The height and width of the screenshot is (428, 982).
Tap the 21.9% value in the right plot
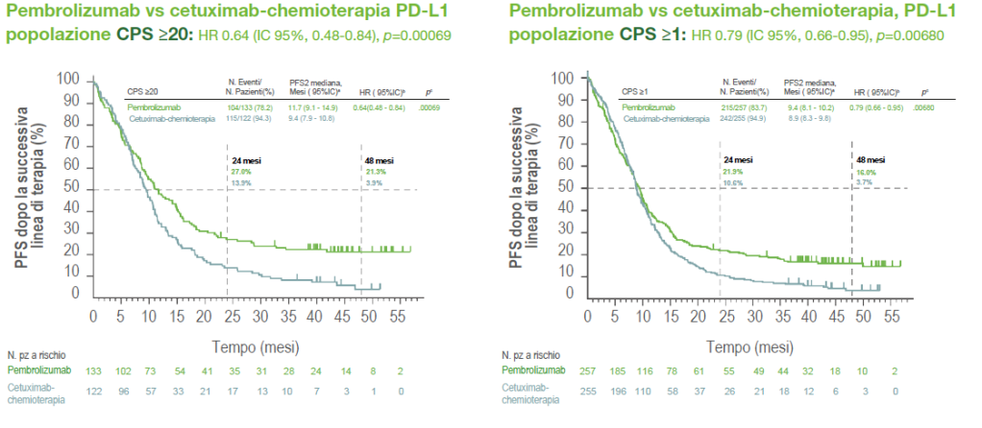(x=735, y=169)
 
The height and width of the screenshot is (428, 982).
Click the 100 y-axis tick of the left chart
(x=67, y=79)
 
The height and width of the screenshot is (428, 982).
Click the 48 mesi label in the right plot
(x=870, y=157)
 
